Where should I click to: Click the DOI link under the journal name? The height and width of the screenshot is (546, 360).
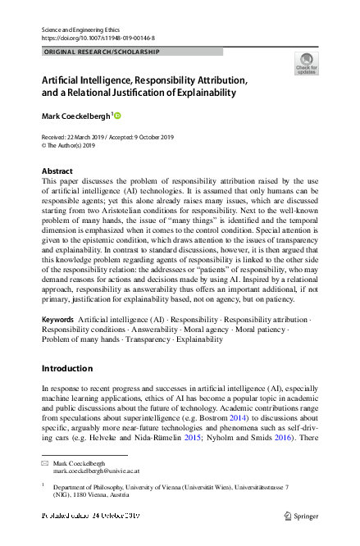pyautogui.click(x=87, y=39)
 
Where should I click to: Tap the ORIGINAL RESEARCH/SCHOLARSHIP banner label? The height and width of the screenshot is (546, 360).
pyautogui.click(x=101, y=52)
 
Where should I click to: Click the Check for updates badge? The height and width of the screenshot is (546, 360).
pyautogui.click(x=305, y=64)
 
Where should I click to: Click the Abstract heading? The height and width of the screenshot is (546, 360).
pyautogui.click(x=57, y=171)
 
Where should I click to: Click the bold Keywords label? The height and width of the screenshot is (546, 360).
pyautogui.click(x=57, y=317)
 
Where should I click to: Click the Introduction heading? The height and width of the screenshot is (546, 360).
pyautogui.click(x=67, y=369)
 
